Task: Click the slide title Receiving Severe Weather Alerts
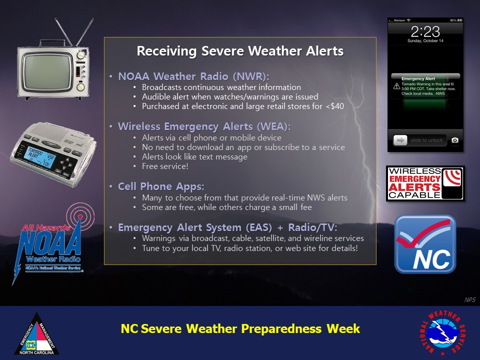click(240, 51)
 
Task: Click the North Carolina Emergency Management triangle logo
click(36, 334)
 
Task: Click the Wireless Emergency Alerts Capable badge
click(425, 183)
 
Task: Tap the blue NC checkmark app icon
click(425, 244)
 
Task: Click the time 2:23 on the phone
click(424, 31)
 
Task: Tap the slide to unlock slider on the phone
click(418, 140)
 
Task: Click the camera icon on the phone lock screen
click(454, 140)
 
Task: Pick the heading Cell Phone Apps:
click(161, 186)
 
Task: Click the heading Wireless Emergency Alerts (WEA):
click(204, 126)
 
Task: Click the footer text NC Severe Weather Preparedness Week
click(240, 329)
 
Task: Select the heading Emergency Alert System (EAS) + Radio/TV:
click(227, 227)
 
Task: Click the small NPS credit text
click(469, 300)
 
